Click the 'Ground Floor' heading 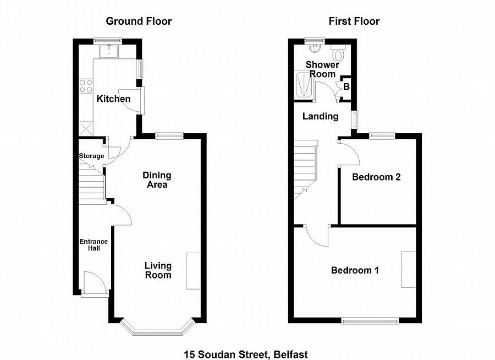pyautogui.click(x=139, y=21)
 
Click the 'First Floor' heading pyautogui.click(x=354, y=21)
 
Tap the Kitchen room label pyautogui.click(x=113, y=99)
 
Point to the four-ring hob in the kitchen pyautogui.click(x=86, y=86)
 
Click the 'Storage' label pyautogui.click(x=91, y=156)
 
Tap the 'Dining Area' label pyautogui.click(x=157, y=180)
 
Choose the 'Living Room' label pyautogui.click(x=158, y=270)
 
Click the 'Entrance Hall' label pyautogui.click(x=94, y=246)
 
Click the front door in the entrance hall pyautogui.click(x=95, y=285)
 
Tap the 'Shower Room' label pyautogui.click(x=322, y=69)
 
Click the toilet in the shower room pyautogui.click(x=338, y=55)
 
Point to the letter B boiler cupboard pyautogui.click(x=346, y=87)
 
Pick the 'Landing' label pyautogui.click(x=320, y=116)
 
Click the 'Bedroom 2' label pyautogui.click(x=376, y=177)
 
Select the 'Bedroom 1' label pyautogui.click(x=355, y=270)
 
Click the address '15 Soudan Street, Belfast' pyautogui.click(x=247, y=354)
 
